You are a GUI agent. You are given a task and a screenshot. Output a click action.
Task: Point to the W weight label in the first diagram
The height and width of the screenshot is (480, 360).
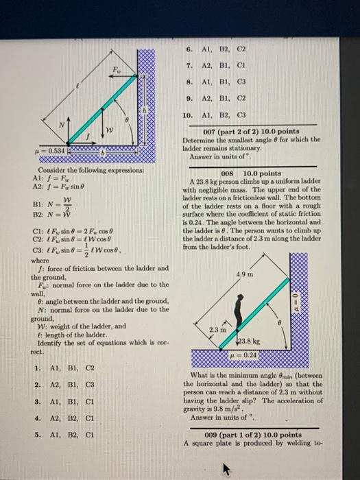tap(108, 130)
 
